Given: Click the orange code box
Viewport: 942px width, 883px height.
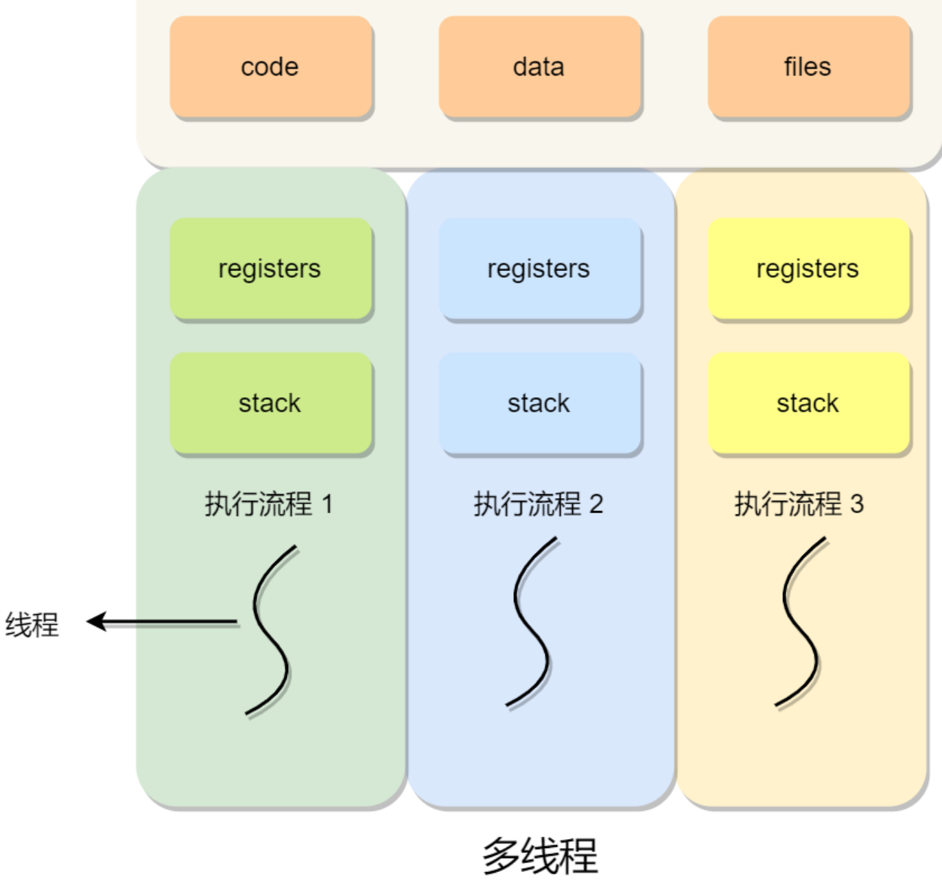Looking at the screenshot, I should click(270, 67).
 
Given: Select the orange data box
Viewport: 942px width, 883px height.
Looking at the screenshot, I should click(539, 67).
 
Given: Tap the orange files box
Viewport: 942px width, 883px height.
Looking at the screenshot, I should click(808, 67).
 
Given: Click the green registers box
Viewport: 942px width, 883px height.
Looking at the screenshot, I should click(270, 269).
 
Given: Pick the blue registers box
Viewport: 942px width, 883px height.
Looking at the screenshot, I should click(539, 269).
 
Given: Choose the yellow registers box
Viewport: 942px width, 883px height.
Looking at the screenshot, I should click(808, 269).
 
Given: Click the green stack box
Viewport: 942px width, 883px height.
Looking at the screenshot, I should click(270, 403).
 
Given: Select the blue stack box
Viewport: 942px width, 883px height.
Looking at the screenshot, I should click(539, 403).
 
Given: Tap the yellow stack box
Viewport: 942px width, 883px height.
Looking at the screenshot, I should click(808, 403).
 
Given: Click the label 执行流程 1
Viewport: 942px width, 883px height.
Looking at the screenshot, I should click(268, 504).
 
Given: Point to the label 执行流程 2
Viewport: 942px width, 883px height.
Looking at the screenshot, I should click(538, 504).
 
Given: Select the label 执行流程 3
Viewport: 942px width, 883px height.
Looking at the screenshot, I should click(799, 504).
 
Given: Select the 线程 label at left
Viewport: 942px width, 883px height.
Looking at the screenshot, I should click(32, 624).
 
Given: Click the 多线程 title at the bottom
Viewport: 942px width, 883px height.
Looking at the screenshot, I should click(539, 856).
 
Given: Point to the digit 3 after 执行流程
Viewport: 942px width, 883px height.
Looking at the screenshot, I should click(857, 504).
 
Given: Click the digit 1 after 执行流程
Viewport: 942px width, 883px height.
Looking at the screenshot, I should click(327, 504).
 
